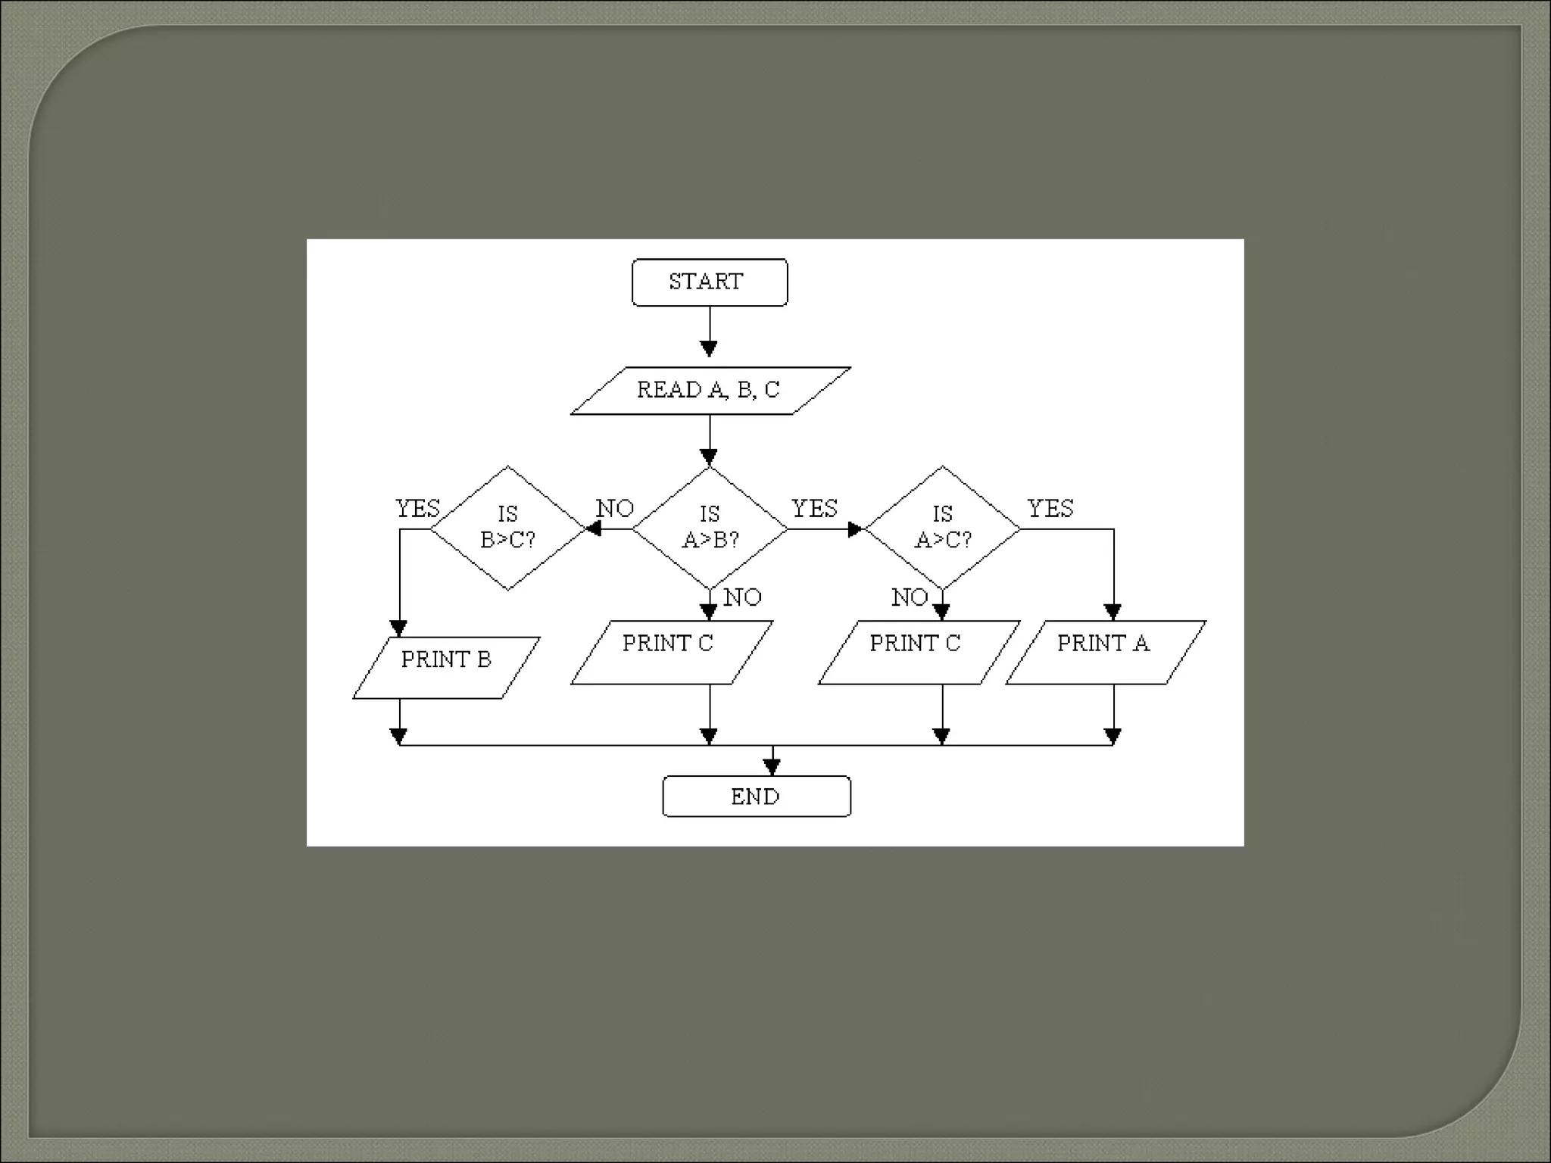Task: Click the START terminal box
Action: (x=710, y=282)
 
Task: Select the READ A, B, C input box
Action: (x=710, y=391)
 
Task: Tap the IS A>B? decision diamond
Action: (x=710, y=528)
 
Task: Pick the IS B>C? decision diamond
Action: (x=508, y=528)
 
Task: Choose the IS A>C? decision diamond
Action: (x=942, y=528)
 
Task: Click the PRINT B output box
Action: (x=446, y=667)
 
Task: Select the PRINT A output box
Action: (x=1105, y=652)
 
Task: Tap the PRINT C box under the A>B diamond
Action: (x=671, y=652)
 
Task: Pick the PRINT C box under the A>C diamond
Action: (x=919, y=652)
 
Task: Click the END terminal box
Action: (x=756, y=797)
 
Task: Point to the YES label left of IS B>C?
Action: (x=417, y=509)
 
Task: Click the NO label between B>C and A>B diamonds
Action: (x=615, y=509)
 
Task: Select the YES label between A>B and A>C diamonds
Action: (x=814, y=509)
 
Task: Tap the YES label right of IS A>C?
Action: (x=1050, y=509)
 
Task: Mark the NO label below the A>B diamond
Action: (x=742, y=597)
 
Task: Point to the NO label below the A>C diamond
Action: (x=910, y=597)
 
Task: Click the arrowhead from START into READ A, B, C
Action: (x=709, y=348)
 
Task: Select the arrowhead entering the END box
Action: (x=772, y=767)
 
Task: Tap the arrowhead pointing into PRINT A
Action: (x=1113, y=612)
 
